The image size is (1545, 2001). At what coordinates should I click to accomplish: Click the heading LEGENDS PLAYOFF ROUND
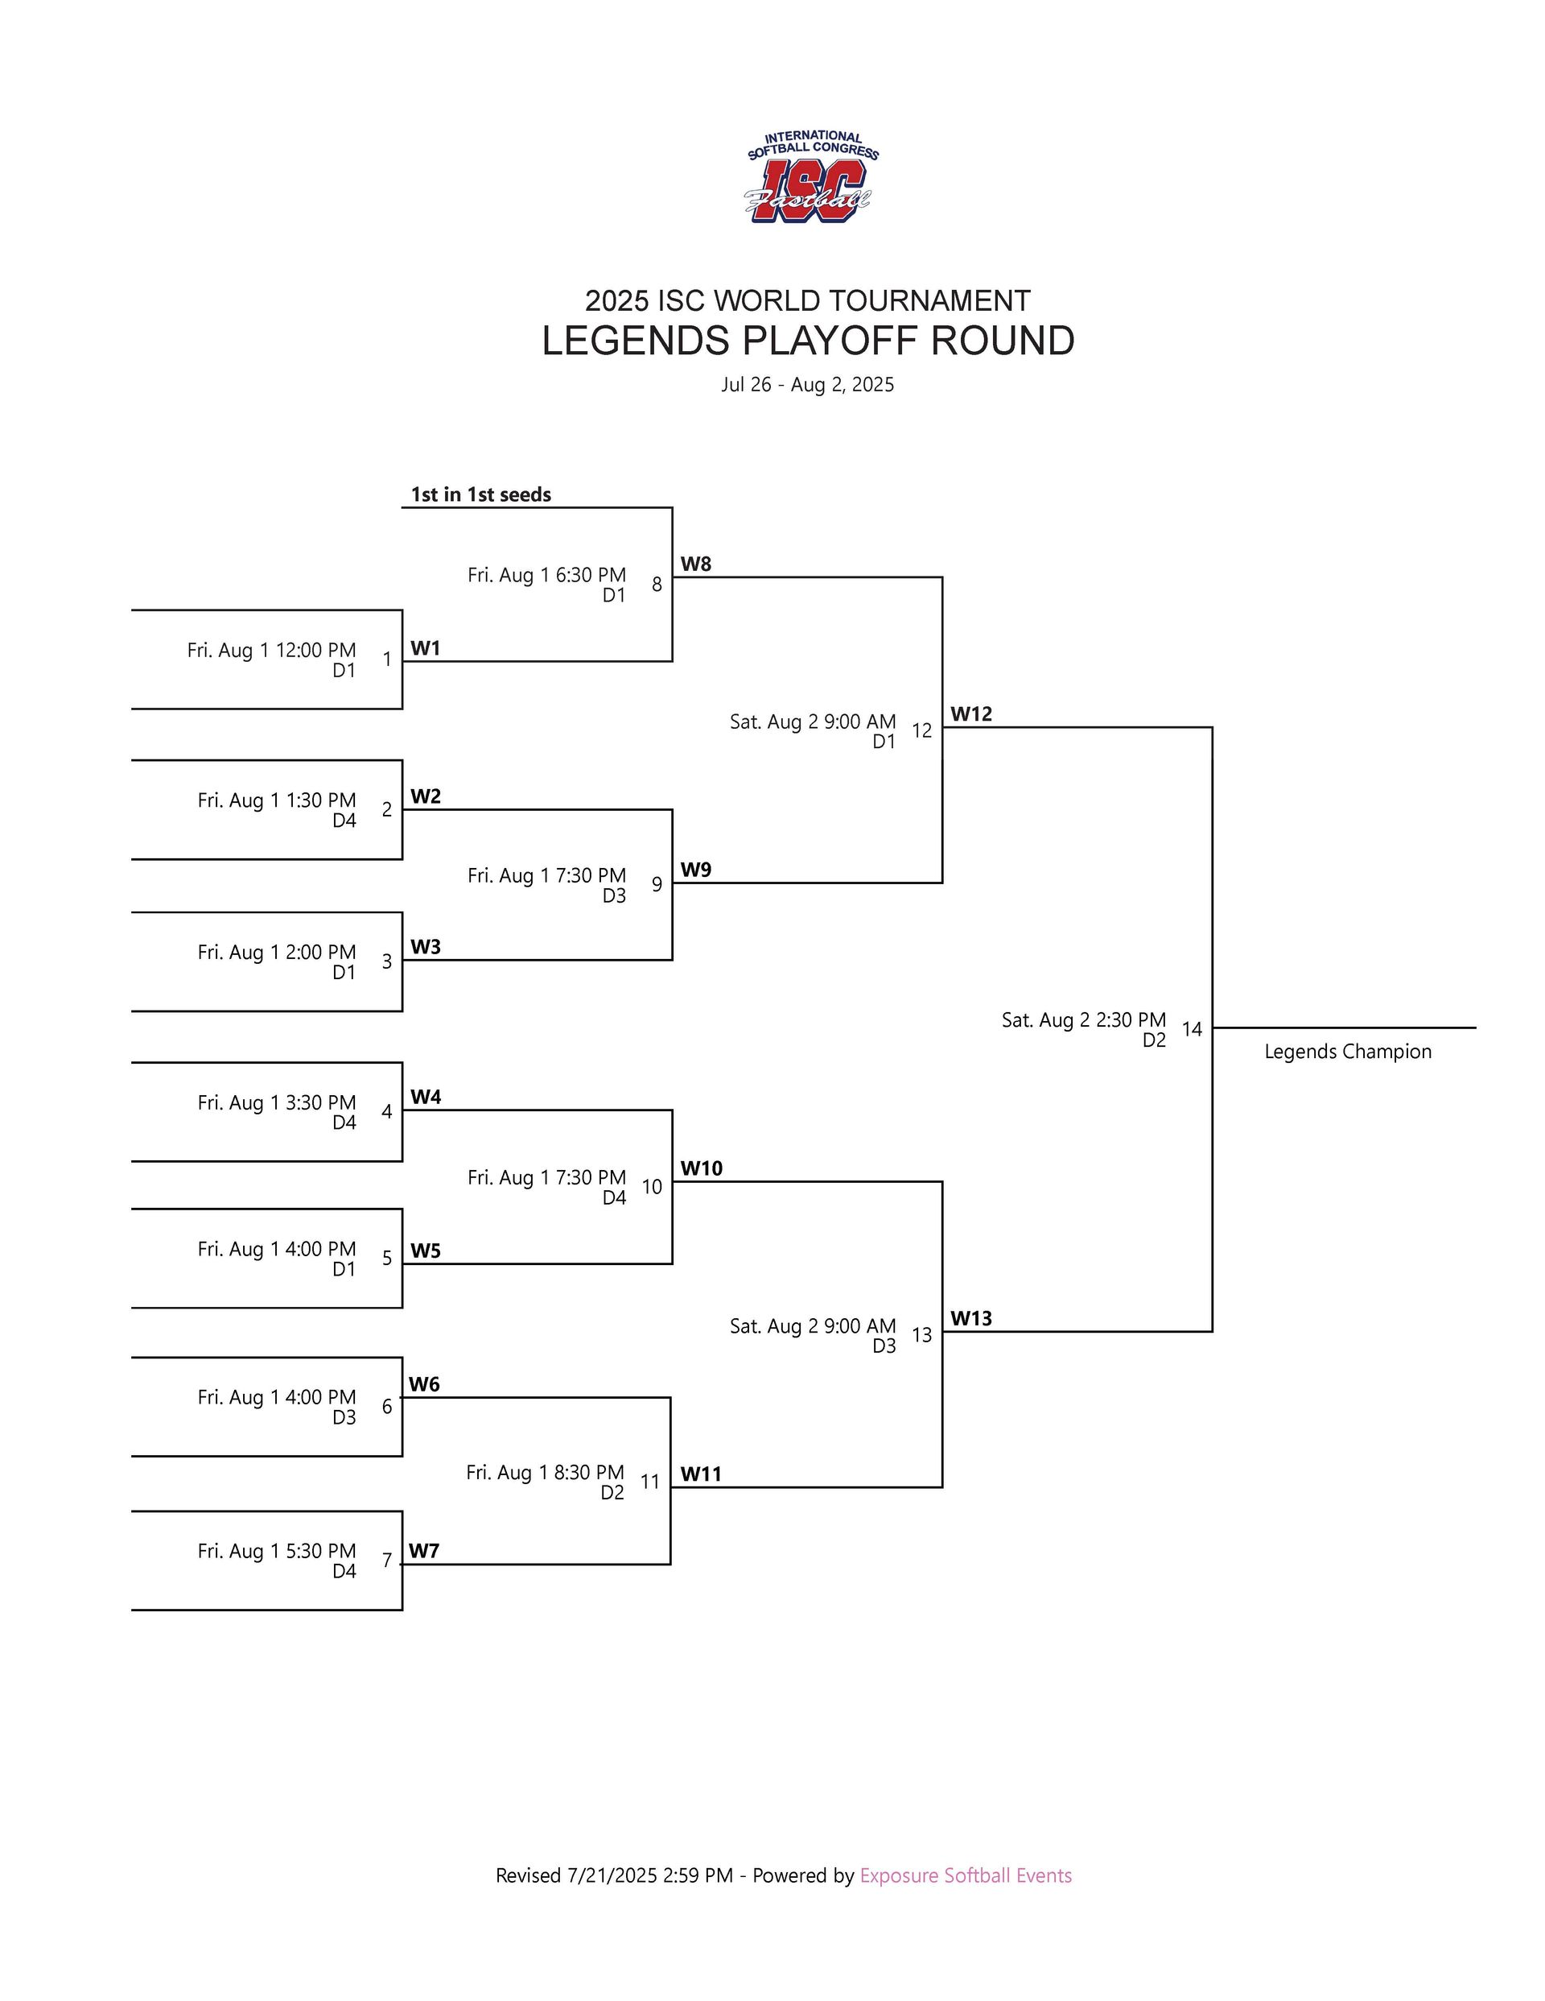[x=807, y=341]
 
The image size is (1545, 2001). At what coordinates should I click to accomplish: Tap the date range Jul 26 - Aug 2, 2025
[x=807, y=385]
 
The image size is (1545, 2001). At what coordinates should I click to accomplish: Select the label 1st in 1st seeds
[x=481, y=494]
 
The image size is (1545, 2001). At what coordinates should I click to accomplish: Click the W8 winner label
[x=695, y=564]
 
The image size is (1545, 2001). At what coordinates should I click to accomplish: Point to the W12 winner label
[x=970, y=713]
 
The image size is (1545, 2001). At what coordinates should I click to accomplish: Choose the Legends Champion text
[x=1347, y=1052]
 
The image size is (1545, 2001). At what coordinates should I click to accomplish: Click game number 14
[x=1191, y=1029]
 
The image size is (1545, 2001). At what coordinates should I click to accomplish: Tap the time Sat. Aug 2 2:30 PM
[x=1083, y=1019]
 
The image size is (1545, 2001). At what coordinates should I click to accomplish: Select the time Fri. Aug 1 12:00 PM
[x=271, y=651]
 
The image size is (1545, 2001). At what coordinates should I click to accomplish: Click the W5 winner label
[x=425, y=1251]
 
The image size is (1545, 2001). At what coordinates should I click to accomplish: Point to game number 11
[x=649, y=1482]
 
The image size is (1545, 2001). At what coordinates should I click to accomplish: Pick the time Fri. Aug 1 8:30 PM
[x=545, y=1472]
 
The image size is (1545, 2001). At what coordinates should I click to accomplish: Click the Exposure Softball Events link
[x=966, y=1875]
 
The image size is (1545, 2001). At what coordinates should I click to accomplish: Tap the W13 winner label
[x=970, y=1318]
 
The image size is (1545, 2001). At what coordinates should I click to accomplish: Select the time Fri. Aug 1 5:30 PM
[x=277, y=1551]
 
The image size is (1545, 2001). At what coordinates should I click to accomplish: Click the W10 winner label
[x=701, y=1168]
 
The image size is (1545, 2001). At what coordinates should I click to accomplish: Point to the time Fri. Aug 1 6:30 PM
[x=546, y=576]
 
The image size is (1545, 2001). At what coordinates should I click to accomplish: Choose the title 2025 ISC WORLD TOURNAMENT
[x=807, y=300]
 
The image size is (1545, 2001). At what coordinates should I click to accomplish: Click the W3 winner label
[x=425, y=948]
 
